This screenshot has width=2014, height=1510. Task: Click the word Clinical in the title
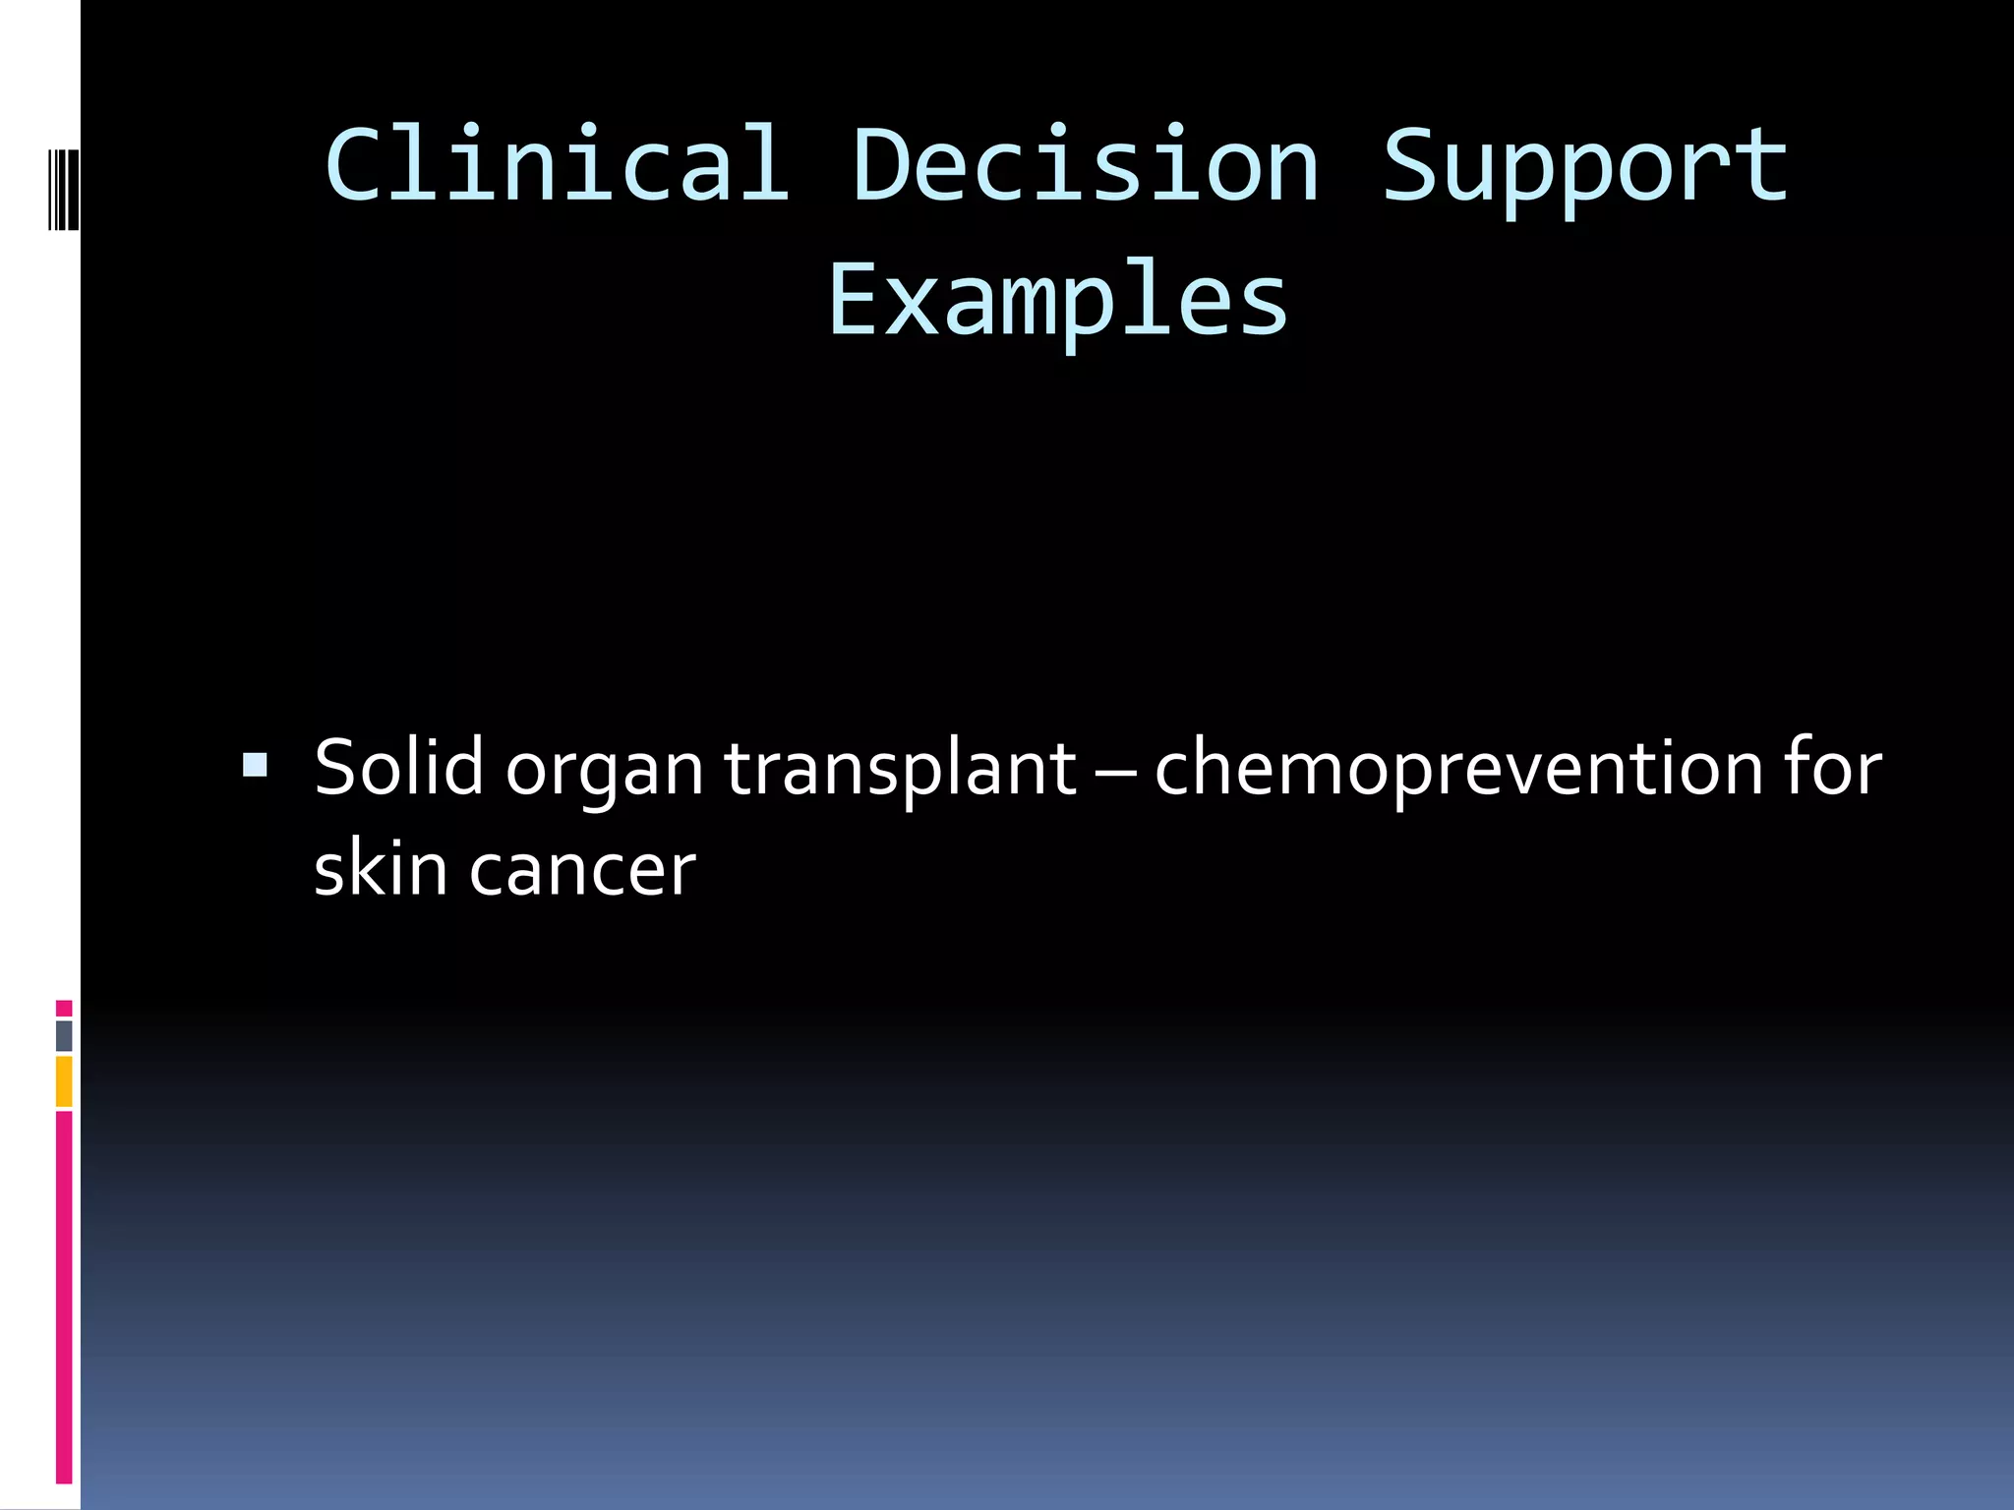(557, 165)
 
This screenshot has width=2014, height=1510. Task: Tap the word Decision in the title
(1086, 165)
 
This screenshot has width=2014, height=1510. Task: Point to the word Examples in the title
(1058, 301)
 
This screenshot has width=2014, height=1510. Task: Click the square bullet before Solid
(255, 765)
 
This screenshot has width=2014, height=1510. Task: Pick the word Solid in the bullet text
(398, 767)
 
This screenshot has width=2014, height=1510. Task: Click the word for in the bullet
(1833, 767)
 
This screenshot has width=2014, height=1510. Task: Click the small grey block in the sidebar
(64, 1035)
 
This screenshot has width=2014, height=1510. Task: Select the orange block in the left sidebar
(64, 1081)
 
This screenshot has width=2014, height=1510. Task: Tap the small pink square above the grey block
(64, 1008)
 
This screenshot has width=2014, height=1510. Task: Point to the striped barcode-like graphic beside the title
(64, 190)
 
